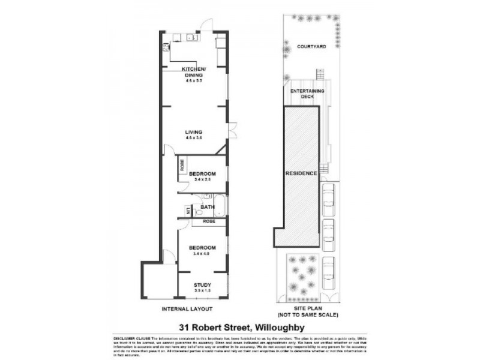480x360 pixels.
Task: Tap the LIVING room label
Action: [193, 132]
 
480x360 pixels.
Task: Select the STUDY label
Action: [202, 285]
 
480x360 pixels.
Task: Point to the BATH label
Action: [208, 208]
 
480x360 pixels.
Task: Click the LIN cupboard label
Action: [188, 211]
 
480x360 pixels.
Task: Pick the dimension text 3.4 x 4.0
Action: [202, 254]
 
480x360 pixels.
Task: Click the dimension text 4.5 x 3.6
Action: [193, 139]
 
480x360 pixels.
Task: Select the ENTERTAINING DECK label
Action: [307, 93]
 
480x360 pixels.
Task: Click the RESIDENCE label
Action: [301, 173]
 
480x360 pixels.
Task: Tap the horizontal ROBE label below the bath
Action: [209, 221]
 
